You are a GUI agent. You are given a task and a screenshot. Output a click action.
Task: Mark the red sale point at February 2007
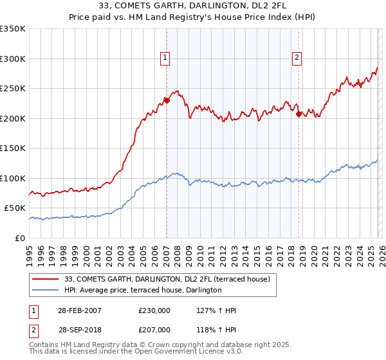click(x=167, y=100)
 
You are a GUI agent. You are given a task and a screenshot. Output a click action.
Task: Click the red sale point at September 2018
click(x=299, y=114)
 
